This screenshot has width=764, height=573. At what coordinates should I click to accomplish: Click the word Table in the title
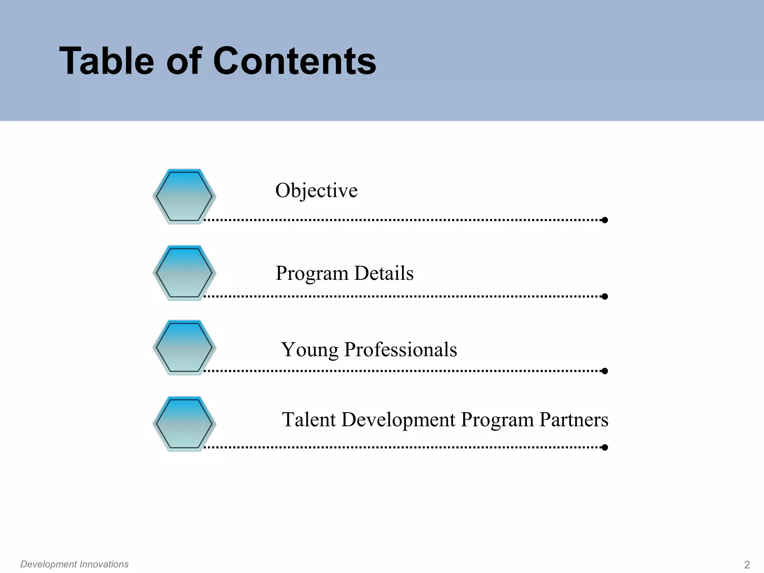pyautogui.click(x=107, y=61)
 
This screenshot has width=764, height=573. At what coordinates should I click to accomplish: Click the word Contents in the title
pyautogui.click(x=294, y=61)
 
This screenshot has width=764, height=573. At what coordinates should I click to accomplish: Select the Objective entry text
pyautogui.click(x=316, y=191)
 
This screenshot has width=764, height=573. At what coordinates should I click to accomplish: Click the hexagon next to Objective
pyautogui.click(x=184, y=196)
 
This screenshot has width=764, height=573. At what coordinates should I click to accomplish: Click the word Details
pyautogui.click(x=384, y=273)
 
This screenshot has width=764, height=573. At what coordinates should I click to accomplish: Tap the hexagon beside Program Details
pyautogui.click(x=184, y=273)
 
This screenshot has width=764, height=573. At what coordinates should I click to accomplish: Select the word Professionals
pyautogui.click(x=400, y=350)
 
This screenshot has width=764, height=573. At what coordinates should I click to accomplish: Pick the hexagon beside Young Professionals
pyautogui.click(x=184, y=347)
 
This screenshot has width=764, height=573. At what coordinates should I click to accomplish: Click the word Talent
pyautogui.click(x=309, y=419)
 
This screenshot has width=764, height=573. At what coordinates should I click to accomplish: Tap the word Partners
pyautogui.click(x=574, y=419)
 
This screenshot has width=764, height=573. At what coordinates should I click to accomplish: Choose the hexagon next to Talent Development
pyautogui.click(x=184, y=424)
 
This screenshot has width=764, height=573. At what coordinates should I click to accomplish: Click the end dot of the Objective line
pyautogui.click(x=605, y=220)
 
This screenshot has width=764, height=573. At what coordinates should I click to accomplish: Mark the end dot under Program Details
pyautogui.click(x=605, y=297)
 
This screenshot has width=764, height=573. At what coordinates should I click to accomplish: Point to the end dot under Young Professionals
pyautogui.click(x=605, y=371)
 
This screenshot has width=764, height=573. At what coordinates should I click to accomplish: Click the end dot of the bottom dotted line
pyautogui.click(x=605, y=447)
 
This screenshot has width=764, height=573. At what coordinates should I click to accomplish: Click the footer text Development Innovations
pyautogui.click(x=74, y=564)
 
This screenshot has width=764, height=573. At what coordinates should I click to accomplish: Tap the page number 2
pyautogui.click(x=747, y=565)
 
